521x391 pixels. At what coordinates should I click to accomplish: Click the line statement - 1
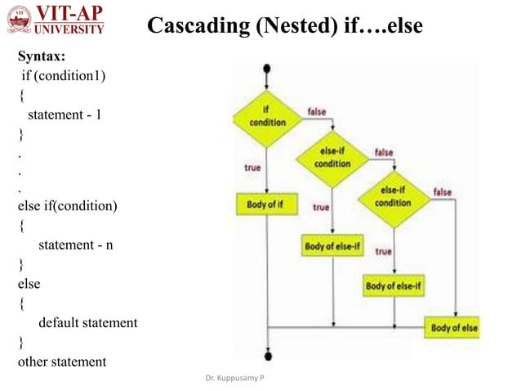tap(65, 115)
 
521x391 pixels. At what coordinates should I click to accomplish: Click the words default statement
tap(88, 322)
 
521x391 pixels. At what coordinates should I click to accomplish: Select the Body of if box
tap(266, 203)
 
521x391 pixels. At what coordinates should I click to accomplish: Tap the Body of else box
tap(454, 328)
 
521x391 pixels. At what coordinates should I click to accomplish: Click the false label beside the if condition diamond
tap(318, 110)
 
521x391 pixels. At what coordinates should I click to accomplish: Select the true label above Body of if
tap(252, 167)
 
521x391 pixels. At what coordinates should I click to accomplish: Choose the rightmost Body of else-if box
tap(393, 286)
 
